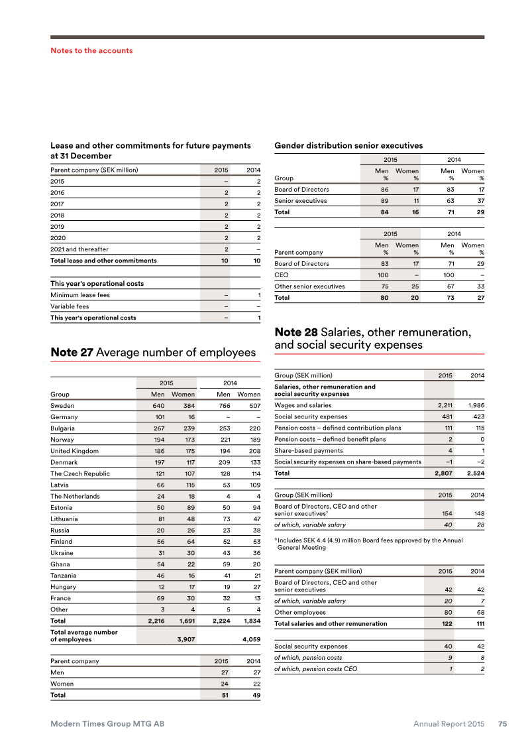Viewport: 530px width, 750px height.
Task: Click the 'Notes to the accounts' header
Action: pyautogui.click(x=91, y=50)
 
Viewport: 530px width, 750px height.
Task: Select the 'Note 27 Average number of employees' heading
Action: pyautogui.click(x=153, y=353)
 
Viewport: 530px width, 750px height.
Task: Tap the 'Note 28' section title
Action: pyautogui.click(x=372, y=338)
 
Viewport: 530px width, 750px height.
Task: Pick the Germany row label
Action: pyautogui.click(x=64, y=417)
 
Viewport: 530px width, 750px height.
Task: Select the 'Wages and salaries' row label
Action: pyautogui.click(x=303, y=405)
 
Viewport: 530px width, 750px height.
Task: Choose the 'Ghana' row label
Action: pyautogui.click(x=62, y=564)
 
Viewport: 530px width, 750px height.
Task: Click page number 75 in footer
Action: pyautogui.click(x=503, y=724)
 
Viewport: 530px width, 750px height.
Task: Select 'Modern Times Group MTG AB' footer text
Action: pyautogui.click(x=107, y=724)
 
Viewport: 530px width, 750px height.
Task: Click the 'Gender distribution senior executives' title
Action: pyautogui.click(x=348, y=145)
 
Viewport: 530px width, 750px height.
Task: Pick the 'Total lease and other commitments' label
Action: pyautogui.click(x=104, y=261)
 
